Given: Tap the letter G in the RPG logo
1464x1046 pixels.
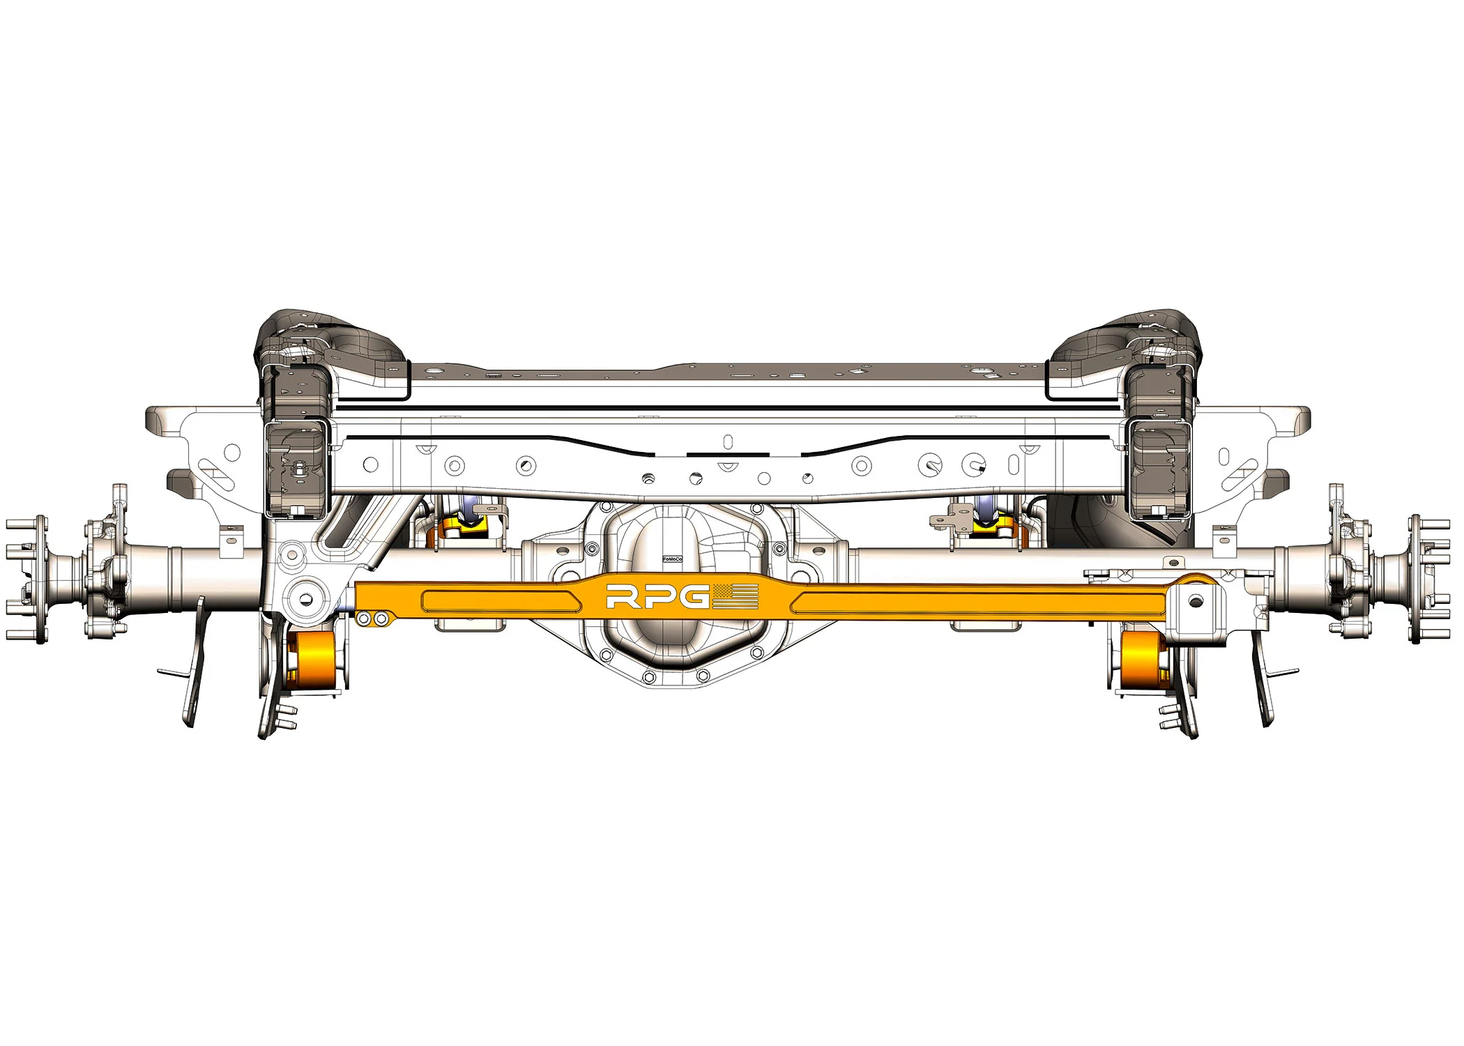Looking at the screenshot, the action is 694,598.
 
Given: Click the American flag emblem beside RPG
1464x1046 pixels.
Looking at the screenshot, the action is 735,597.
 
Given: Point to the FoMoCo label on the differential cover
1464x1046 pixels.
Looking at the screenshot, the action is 672,559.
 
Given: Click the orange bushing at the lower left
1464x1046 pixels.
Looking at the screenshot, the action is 314,660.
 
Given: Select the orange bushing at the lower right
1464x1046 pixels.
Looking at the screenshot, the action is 1142,660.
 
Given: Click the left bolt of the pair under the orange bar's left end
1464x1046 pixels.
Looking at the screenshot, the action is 363,619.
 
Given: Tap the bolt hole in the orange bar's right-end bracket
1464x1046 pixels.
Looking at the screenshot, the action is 1196,600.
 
